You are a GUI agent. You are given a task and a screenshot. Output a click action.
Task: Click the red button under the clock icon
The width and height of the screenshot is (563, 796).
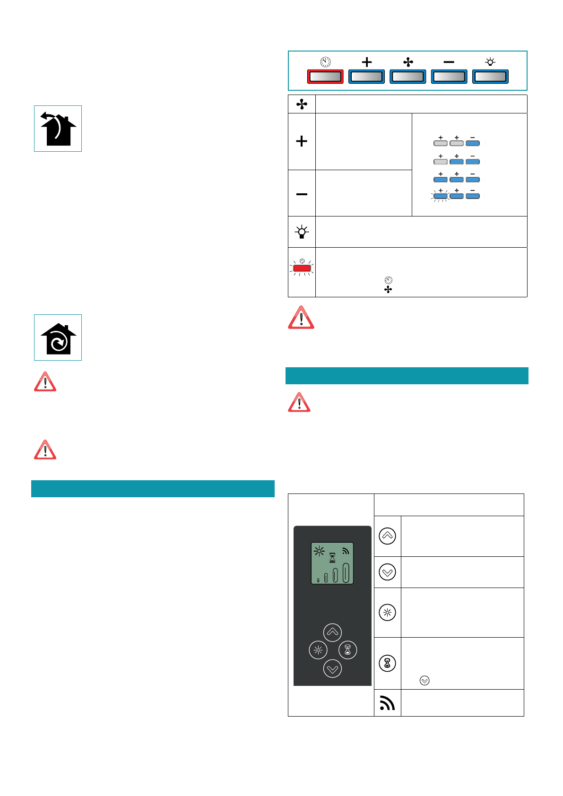[x=325, y=77]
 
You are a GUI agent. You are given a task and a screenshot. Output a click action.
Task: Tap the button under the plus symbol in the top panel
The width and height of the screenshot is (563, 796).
[x=366, y=77]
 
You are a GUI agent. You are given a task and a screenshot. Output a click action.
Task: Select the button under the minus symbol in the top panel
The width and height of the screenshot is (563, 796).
[x=449, y=77]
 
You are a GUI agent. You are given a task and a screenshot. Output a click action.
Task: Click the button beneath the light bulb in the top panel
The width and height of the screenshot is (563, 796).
[x=490, y=77]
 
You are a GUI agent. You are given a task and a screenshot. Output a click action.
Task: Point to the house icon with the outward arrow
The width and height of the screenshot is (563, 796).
[x=58, y=129]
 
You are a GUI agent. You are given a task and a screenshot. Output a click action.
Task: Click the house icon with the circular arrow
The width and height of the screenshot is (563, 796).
[x=58, y=338]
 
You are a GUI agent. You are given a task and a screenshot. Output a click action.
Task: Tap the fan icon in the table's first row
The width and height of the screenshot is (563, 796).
[x=302, y=104]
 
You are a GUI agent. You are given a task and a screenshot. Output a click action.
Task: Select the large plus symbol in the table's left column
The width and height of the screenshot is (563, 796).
[x=302, y=141]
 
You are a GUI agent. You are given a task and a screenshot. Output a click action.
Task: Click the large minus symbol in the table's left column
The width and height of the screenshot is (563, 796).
[x=302, y=194]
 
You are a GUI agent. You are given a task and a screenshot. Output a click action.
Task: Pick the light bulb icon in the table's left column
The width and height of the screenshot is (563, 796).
[x=302, y=232]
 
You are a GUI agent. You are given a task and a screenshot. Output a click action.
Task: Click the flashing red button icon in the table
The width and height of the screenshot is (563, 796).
[x=302, y=268]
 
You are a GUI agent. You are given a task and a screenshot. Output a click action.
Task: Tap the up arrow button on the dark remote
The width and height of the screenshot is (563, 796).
[x=332, y=632]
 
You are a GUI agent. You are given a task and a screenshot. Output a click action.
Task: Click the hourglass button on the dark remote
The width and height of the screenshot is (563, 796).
[x=348, y=650]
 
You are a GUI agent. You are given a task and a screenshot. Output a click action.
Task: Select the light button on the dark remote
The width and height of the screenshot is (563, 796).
[x=318, y=650]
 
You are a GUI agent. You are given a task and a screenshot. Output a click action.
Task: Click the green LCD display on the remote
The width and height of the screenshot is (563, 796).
[x=332, y=563]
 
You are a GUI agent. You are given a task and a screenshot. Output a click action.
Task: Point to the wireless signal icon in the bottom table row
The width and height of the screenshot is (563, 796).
[x=387, y=703]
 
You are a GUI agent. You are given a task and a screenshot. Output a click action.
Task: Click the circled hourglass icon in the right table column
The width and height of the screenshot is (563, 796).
[x=387, y=663]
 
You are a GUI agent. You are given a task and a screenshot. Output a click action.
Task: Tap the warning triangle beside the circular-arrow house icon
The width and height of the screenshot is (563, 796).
[x=45, y=382]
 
